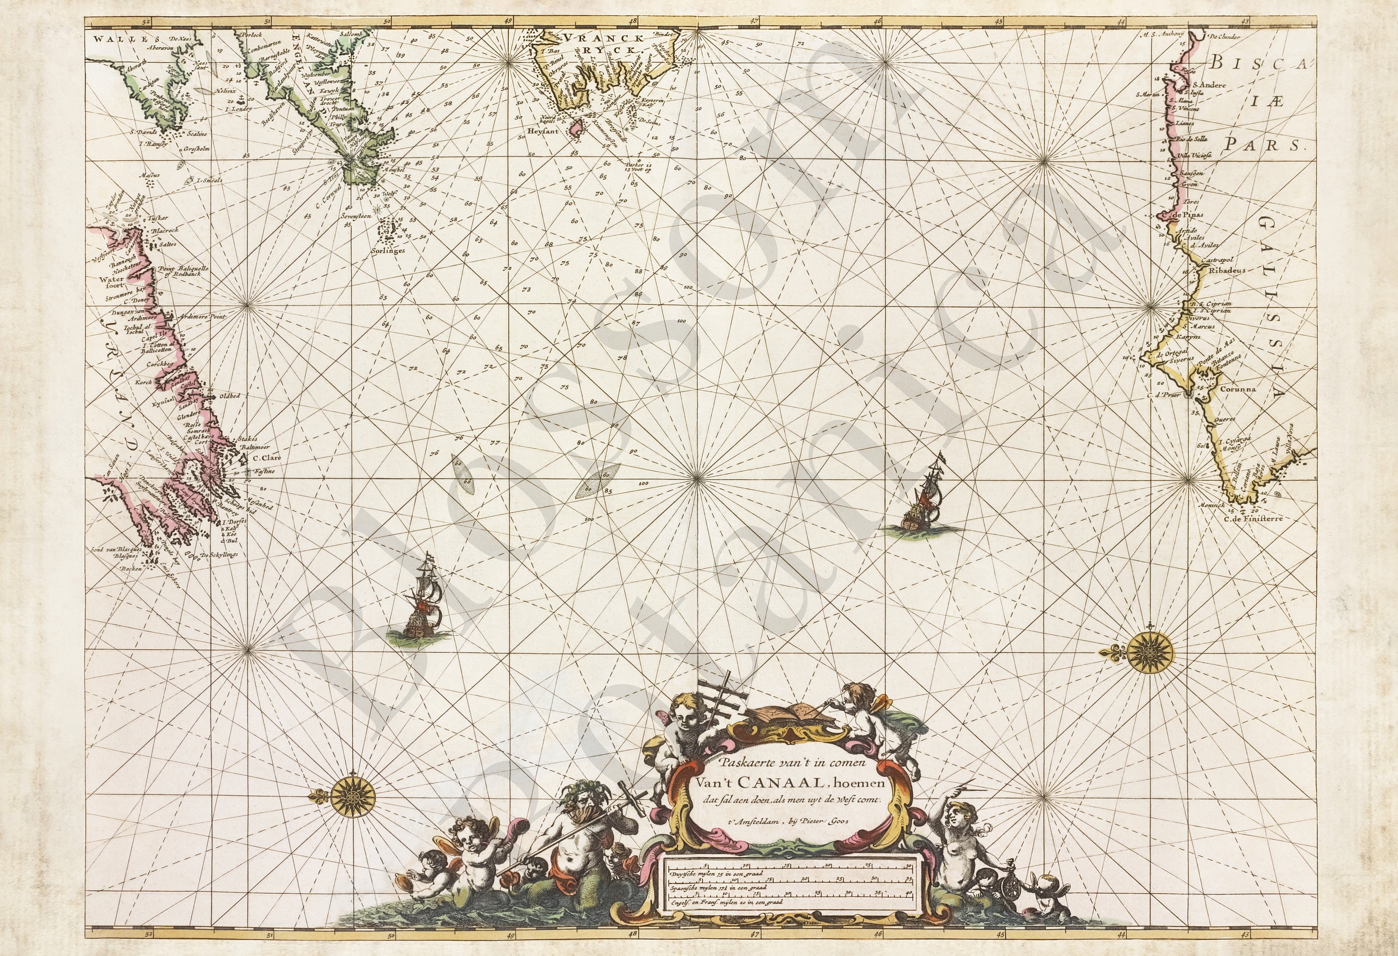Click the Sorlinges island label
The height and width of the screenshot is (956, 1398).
(x=388, y=250)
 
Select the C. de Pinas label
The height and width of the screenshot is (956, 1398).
(x=1177, y=215)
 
